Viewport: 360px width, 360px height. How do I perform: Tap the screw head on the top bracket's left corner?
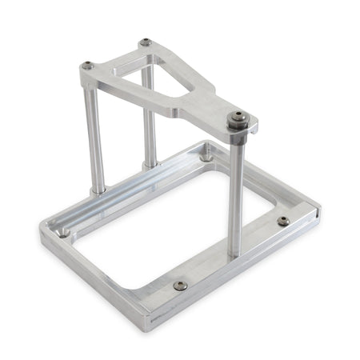87,66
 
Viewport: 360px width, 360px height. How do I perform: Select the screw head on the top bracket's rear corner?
144,42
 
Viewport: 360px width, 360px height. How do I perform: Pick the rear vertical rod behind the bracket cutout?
150,120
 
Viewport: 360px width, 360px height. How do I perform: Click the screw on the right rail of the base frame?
282,222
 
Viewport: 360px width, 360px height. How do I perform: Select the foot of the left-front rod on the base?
97,190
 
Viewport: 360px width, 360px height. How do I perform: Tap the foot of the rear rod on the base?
150,164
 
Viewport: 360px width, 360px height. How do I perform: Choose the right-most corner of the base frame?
319,212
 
